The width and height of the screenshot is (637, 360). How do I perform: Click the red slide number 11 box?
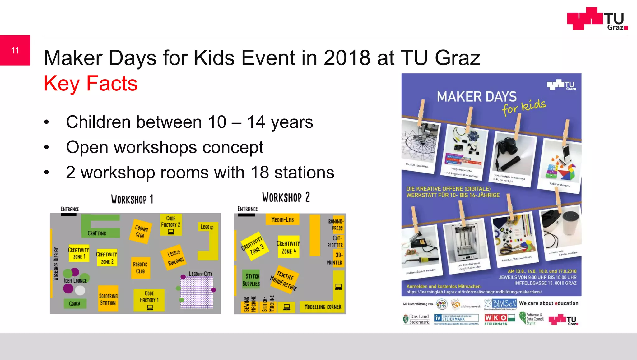[x=15, y=50]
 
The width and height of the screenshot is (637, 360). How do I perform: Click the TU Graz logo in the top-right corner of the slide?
[x=597, y=19]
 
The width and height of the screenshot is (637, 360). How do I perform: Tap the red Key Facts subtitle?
[x=91, y=83]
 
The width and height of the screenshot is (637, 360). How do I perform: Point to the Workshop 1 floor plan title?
[x=132, y=199]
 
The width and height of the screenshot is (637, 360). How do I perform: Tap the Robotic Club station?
[x=140, y=268]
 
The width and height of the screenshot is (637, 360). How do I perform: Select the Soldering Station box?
[x=108, y=299]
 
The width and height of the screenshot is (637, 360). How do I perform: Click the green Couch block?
[x=74, y=303]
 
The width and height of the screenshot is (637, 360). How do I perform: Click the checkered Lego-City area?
[x=197, y=293]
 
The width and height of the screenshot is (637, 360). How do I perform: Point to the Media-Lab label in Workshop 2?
[x=282, y=219]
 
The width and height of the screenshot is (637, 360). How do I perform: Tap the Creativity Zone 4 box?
[x=288, y=247]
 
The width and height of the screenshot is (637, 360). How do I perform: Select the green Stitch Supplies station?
[x=251, y=279]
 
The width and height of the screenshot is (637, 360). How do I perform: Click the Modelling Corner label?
[x=322, y=307]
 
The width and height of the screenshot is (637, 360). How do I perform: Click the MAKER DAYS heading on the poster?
[x=476, y=97]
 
